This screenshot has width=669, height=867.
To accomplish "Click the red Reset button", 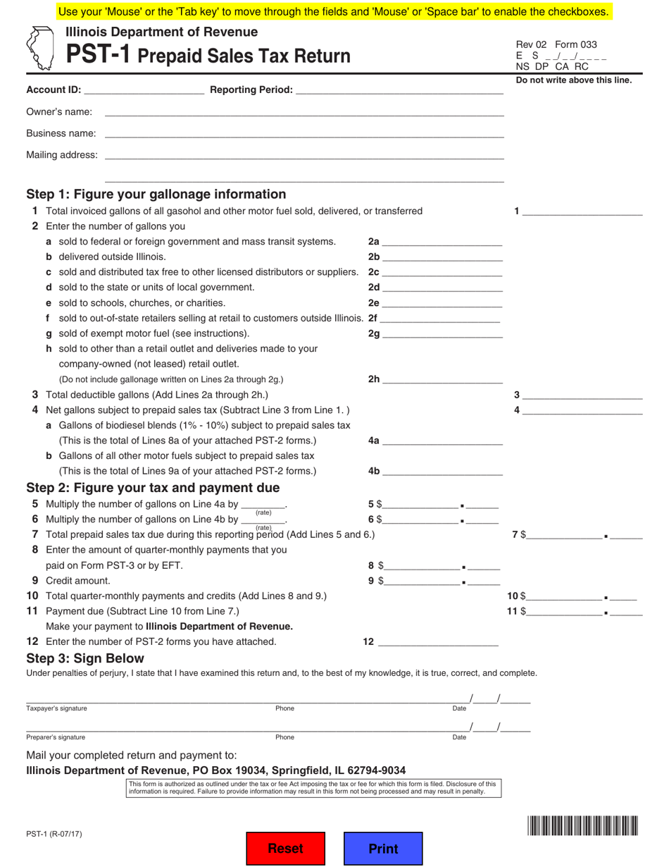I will click(x=285, y=849).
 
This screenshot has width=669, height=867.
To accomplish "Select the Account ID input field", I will click(x=144, y=90).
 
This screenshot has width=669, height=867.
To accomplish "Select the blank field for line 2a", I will click(x=442, y=241).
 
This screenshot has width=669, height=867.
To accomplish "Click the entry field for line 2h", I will click(x=442, y=379).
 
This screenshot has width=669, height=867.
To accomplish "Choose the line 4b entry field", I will click(x=442, y=471).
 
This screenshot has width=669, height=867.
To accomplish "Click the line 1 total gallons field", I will click(x=582, y=211).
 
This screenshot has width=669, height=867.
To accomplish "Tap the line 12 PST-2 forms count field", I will click(x=438, y=641).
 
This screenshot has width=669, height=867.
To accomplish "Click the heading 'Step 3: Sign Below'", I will click(x=85, y=658).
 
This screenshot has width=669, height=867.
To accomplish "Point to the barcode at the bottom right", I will click(x=582, y=825).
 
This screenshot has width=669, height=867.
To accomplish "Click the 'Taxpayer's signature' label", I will click(x=56, y=708).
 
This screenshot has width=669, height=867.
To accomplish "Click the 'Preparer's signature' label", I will click(x=56, y=737).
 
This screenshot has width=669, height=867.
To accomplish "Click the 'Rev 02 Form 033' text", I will click(x=556, y=44).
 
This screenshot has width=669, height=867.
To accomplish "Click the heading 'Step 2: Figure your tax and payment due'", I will click(x=153, y=488).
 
